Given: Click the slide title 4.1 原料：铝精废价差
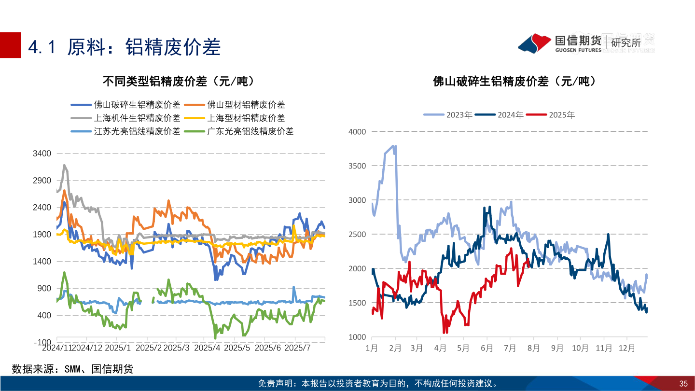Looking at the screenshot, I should [x=125, y=47].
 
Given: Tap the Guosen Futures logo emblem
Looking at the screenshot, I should [x=535, y=43].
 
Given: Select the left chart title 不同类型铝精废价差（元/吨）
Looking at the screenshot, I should [x=178, y=81].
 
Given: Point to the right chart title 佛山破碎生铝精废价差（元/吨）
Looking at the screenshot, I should [x=514, y=81].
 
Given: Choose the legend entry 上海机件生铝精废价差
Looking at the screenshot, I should [x=137, y=118].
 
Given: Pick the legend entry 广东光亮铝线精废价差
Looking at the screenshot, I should [x=250, y=131].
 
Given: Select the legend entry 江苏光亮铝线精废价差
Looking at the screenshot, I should [x=137, y=131].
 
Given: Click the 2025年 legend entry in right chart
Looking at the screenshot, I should [x=562, y=115].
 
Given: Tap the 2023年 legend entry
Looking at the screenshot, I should [x=459, y=115].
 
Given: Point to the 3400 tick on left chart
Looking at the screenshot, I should [x=42, y=154].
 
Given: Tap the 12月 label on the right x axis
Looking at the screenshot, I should [x=627, y=348].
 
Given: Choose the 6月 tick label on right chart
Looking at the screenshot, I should [x=487, y=348].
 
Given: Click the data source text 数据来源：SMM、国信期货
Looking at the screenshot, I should [x=72, y=369].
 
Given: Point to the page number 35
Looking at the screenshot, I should [x=683, y=384].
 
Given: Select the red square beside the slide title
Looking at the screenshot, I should [x=11, y=45].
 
